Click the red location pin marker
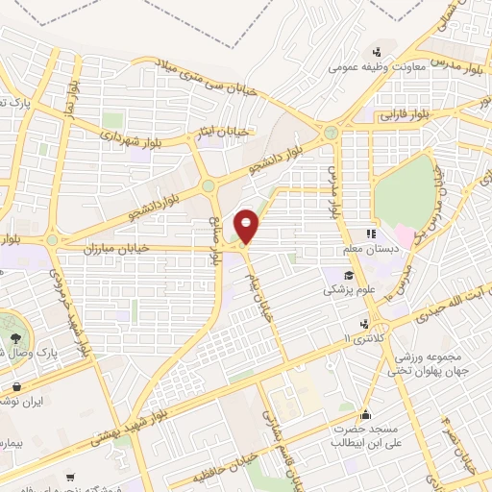pyautogui.click(x=248, y=225)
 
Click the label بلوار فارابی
pyautogui.click(x=411, y=112)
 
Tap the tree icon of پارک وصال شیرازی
pyautogui.click(x=16, y=337)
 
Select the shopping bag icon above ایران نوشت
pyautogui.click(x=16, y=387)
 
